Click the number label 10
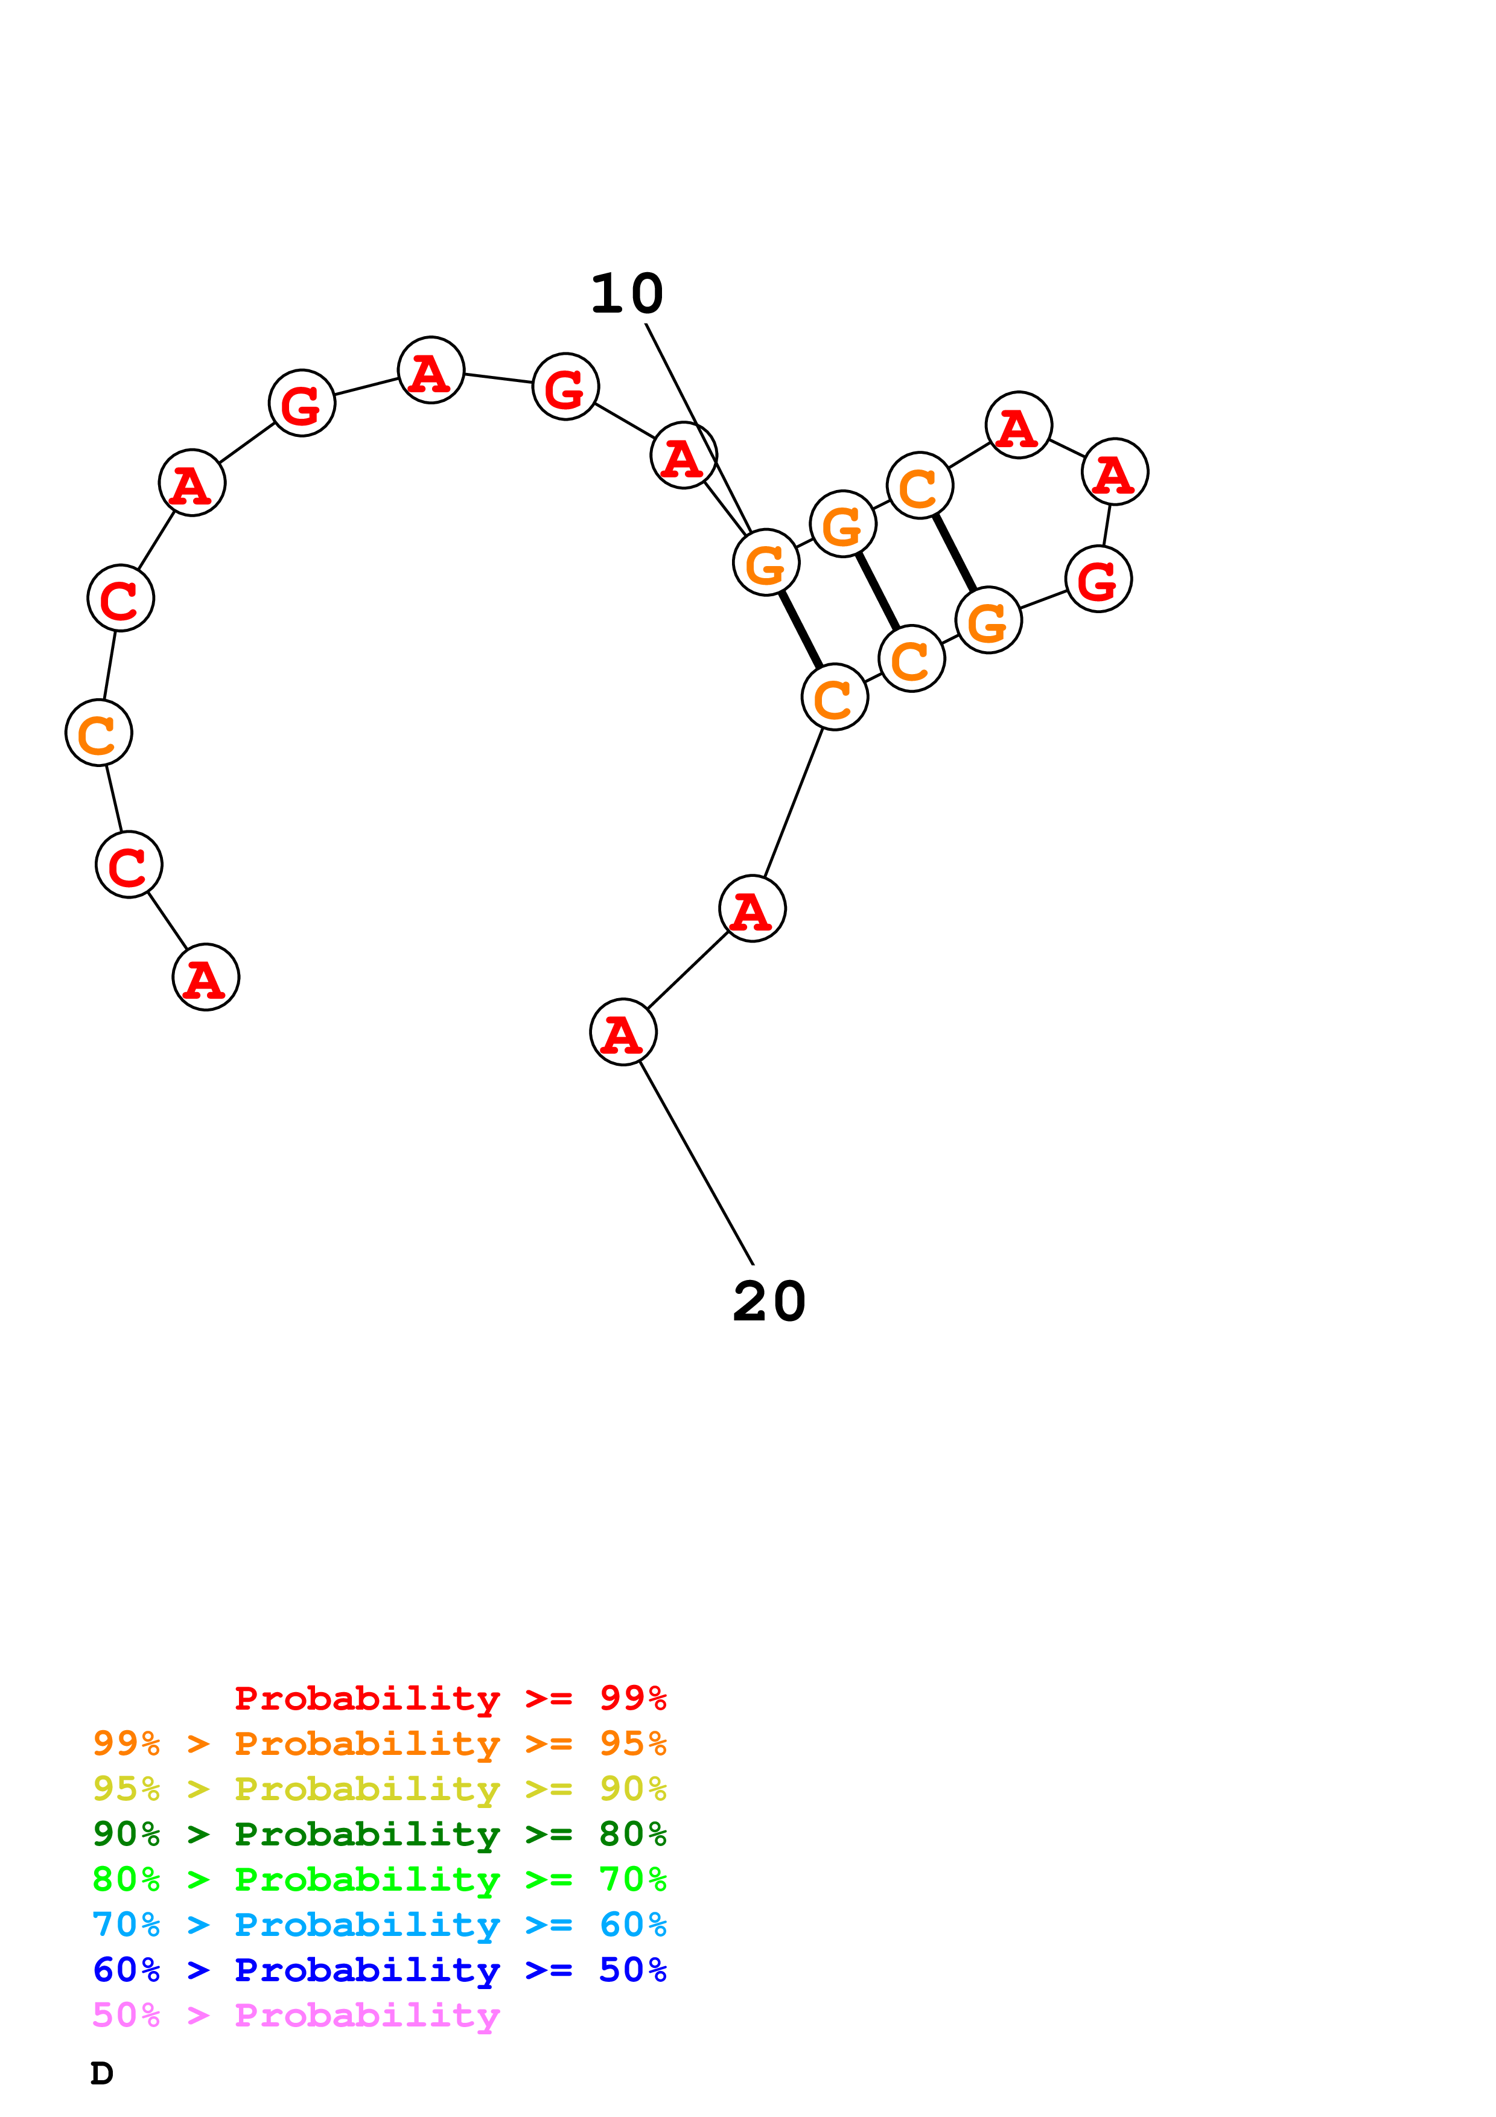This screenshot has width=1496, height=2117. pyautogui.click(x=627, y=294)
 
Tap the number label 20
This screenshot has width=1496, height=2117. pyautogui.click(x=769, y=1301)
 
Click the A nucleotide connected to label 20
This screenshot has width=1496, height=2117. pyautogui.click(x=623, y=1032)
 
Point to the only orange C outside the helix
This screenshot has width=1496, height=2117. pyautogui.click(x=98, y=733)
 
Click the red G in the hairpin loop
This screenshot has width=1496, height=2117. pyautogui.click(x=1098, y=579)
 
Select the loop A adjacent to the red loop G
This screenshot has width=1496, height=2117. pyautogui.click(x=1115, y=472)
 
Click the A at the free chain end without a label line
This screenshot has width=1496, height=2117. pyautogui.click(x=206, y=978)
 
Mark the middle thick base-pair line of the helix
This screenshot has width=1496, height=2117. pyautogui.click(x=877, y=591)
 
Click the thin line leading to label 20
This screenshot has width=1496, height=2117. pyautogui.click(x=697, y=1164)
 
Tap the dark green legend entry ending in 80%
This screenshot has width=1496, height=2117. pyautogui.click(x=380, y=1834)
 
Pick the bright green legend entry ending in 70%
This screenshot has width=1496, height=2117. pyautogui.click(x=380, y=1879)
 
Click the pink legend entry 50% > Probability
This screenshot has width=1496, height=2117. pyautogui.click(x=296, y=2016)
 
